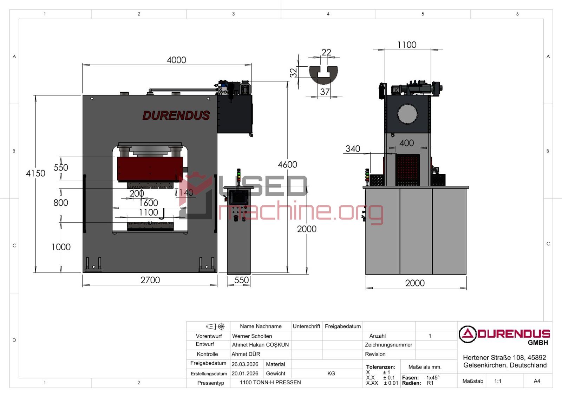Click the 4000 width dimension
[x=176, y=60]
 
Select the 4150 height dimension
[x=35, y=173]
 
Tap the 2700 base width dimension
[x=150, y=280]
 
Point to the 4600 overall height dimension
[x=287, y=164]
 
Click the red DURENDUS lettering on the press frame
[x=176, y=115]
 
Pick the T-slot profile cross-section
[x=323, y=75]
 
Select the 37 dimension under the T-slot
[x=325, y=92]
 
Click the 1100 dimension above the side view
[x=407, y=45]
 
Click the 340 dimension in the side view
[x=353, y=149]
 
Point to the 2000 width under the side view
[x=415, y=283]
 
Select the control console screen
[x=239, y=198]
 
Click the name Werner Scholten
[x=252, y=336]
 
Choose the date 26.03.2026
[x=245, y=364]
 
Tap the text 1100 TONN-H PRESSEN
[x=270, y=382]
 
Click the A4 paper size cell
[x=537, y=381]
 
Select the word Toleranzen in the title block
[x=380, y=367]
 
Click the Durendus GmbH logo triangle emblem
[x=467, y=334]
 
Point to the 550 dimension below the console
[x=241, y=280]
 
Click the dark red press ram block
[x=150, y=169]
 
